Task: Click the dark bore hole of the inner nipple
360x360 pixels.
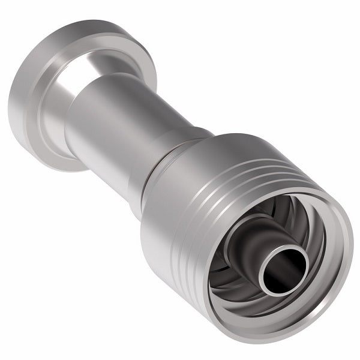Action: (284, 269)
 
